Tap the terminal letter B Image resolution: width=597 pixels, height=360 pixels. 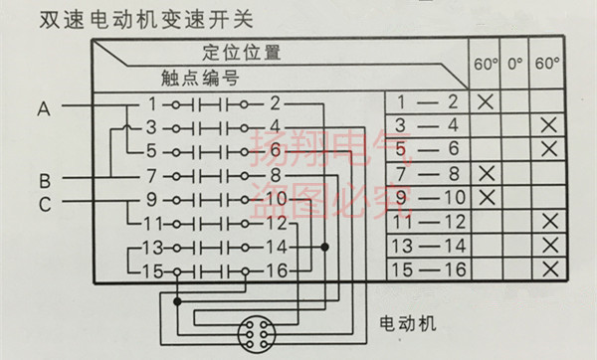44,181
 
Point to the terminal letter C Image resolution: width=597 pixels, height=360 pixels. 44,203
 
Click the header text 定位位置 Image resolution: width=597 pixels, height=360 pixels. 242,53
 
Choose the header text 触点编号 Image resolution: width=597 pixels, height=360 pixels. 199,78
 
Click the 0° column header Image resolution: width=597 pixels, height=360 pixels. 514,65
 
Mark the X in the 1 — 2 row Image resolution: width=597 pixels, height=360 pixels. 486,101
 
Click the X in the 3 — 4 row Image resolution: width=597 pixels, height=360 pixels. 545,125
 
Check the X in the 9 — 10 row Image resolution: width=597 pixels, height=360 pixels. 486,196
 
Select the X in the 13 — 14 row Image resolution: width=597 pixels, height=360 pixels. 545,244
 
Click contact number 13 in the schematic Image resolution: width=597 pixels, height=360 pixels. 152,246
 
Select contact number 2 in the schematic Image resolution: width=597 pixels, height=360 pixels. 275,103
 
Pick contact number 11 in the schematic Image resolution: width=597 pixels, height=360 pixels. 153,223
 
